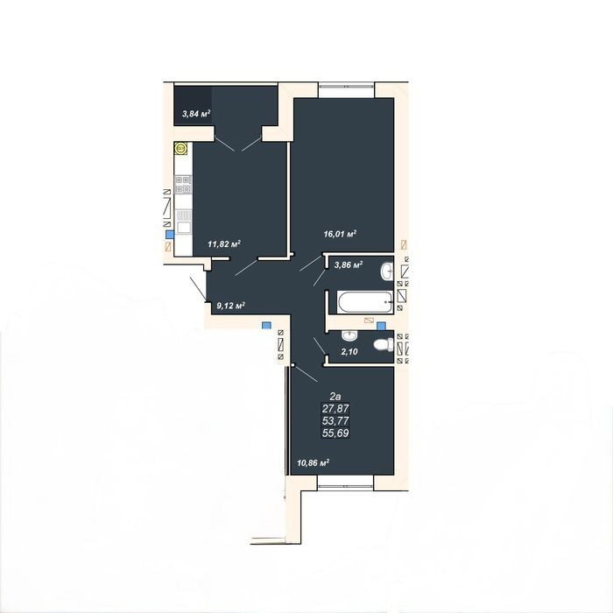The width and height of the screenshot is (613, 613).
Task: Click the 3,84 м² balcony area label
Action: click(196, 114)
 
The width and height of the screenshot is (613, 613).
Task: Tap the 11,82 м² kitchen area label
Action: click(223, 244)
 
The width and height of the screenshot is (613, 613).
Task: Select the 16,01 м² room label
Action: click(340, 234)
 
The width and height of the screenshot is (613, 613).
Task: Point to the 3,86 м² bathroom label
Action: click(349, 264)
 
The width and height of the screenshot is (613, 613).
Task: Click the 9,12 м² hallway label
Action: click(230, 306)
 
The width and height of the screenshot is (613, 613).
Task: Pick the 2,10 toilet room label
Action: click(349, 351)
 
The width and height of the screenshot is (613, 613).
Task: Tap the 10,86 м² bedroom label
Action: click(313, 463)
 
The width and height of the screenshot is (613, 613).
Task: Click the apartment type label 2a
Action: click(335, 397)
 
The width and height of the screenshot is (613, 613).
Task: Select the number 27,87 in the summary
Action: click(335, 409)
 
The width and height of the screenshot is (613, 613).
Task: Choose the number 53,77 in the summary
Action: click(335, 420)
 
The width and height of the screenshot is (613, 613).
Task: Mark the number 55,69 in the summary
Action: click(335, 433)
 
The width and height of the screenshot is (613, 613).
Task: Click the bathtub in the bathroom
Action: click(364, 302)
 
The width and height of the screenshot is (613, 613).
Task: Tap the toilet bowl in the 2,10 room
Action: click(384, 344)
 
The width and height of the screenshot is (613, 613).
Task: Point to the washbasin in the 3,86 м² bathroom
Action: click(386, 271)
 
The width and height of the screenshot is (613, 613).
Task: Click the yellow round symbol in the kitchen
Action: click(180, 149)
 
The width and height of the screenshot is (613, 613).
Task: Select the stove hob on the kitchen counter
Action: click(183, 185)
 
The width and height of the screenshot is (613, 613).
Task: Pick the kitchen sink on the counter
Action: click(183, 222)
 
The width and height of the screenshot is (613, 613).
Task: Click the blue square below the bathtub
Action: click(381, 326)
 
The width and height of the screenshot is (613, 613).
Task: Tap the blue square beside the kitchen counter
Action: click(170, 235)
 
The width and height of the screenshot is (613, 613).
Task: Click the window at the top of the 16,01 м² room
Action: click(347, 89)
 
